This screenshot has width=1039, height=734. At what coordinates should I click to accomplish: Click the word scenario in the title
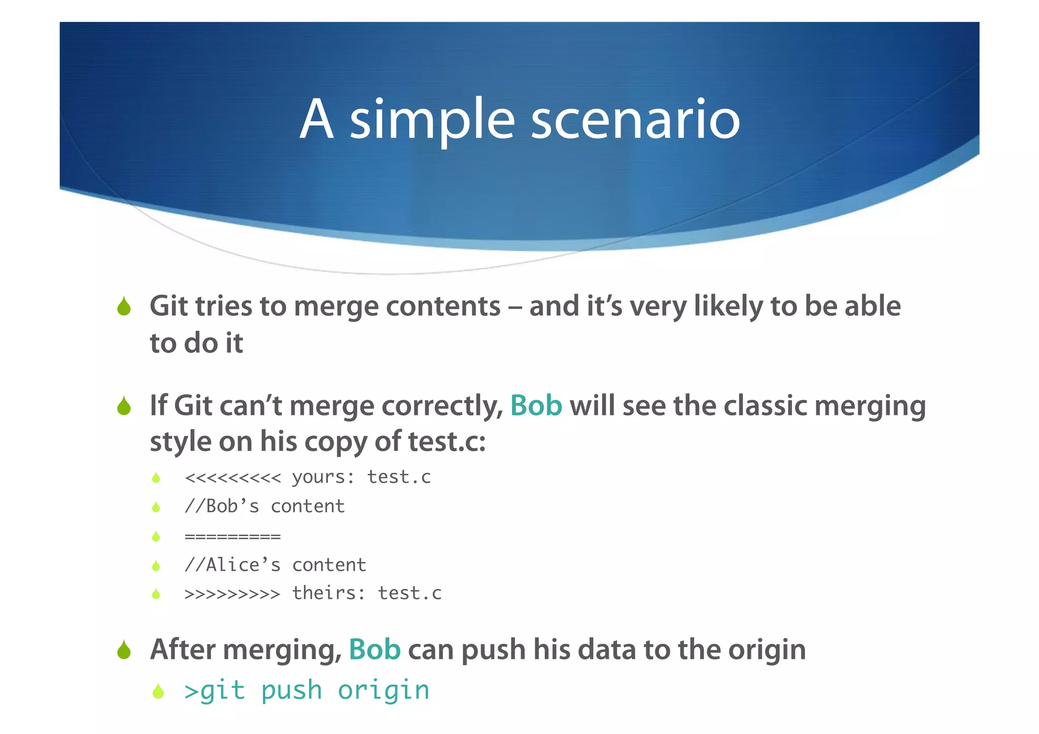pyautogui.click(x=635, y=120)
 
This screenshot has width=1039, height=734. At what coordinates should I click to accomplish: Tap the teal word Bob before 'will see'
pyautogui.click(x=536, y=406)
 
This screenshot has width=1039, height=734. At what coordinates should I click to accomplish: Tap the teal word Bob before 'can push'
pyautogui.click(x=374, y=649)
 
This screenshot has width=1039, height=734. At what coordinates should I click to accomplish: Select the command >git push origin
pyautogui.click(x=307, y=691)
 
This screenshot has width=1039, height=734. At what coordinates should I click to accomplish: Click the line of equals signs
pyautogui.click(x=232, y=537)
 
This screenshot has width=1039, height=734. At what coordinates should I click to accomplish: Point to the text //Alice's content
pyautogui.click(x=275, y=565)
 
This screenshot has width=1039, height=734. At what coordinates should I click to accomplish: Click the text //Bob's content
pyautogui.click(x=264, y=506)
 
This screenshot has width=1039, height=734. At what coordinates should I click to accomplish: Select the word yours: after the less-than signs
pyautogui.click(x=323, y=478)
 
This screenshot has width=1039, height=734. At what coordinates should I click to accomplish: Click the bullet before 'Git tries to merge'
pyautogui.click(x=124, y=306)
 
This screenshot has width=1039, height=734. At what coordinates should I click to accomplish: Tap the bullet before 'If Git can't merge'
pyautogui.click(x=124, y=406)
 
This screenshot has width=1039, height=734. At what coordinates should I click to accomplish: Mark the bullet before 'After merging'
pyautogui.click(x=124, y=650)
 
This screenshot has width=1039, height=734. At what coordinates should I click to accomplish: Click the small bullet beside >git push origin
pyautogui.click(x=158, y=691)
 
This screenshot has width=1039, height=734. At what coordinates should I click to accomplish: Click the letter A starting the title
pyautogui.click(x=317, y=120)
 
